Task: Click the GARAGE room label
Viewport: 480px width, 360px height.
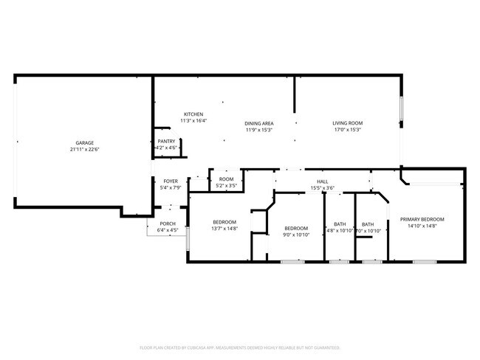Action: [84, 142]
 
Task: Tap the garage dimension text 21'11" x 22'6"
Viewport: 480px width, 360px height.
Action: [84, 149]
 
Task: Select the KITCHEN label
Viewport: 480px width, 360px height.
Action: [193, 114]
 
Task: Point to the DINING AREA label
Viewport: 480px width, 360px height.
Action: [259, 123]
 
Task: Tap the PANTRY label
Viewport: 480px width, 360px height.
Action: [166, 141]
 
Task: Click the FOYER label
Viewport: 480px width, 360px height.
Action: [171, 181]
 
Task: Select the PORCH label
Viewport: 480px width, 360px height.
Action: [168, 224]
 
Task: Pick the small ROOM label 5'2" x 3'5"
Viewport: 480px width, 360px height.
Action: [226, 179]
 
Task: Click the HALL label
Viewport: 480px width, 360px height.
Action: [322, 181]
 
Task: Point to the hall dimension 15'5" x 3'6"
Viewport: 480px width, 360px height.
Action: [322, 188]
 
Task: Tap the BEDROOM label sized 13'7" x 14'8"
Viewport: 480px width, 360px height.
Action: [224, 222]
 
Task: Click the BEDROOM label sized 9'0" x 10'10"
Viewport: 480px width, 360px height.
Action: [295, 228]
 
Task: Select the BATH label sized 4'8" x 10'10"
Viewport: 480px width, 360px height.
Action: [340, 224]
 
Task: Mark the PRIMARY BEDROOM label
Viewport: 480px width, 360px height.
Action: [422, 219]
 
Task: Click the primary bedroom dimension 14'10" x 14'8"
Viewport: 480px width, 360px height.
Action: [422, 226]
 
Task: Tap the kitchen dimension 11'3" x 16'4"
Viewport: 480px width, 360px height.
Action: [193, 121]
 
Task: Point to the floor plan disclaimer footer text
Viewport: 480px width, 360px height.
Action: [239, 347]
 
